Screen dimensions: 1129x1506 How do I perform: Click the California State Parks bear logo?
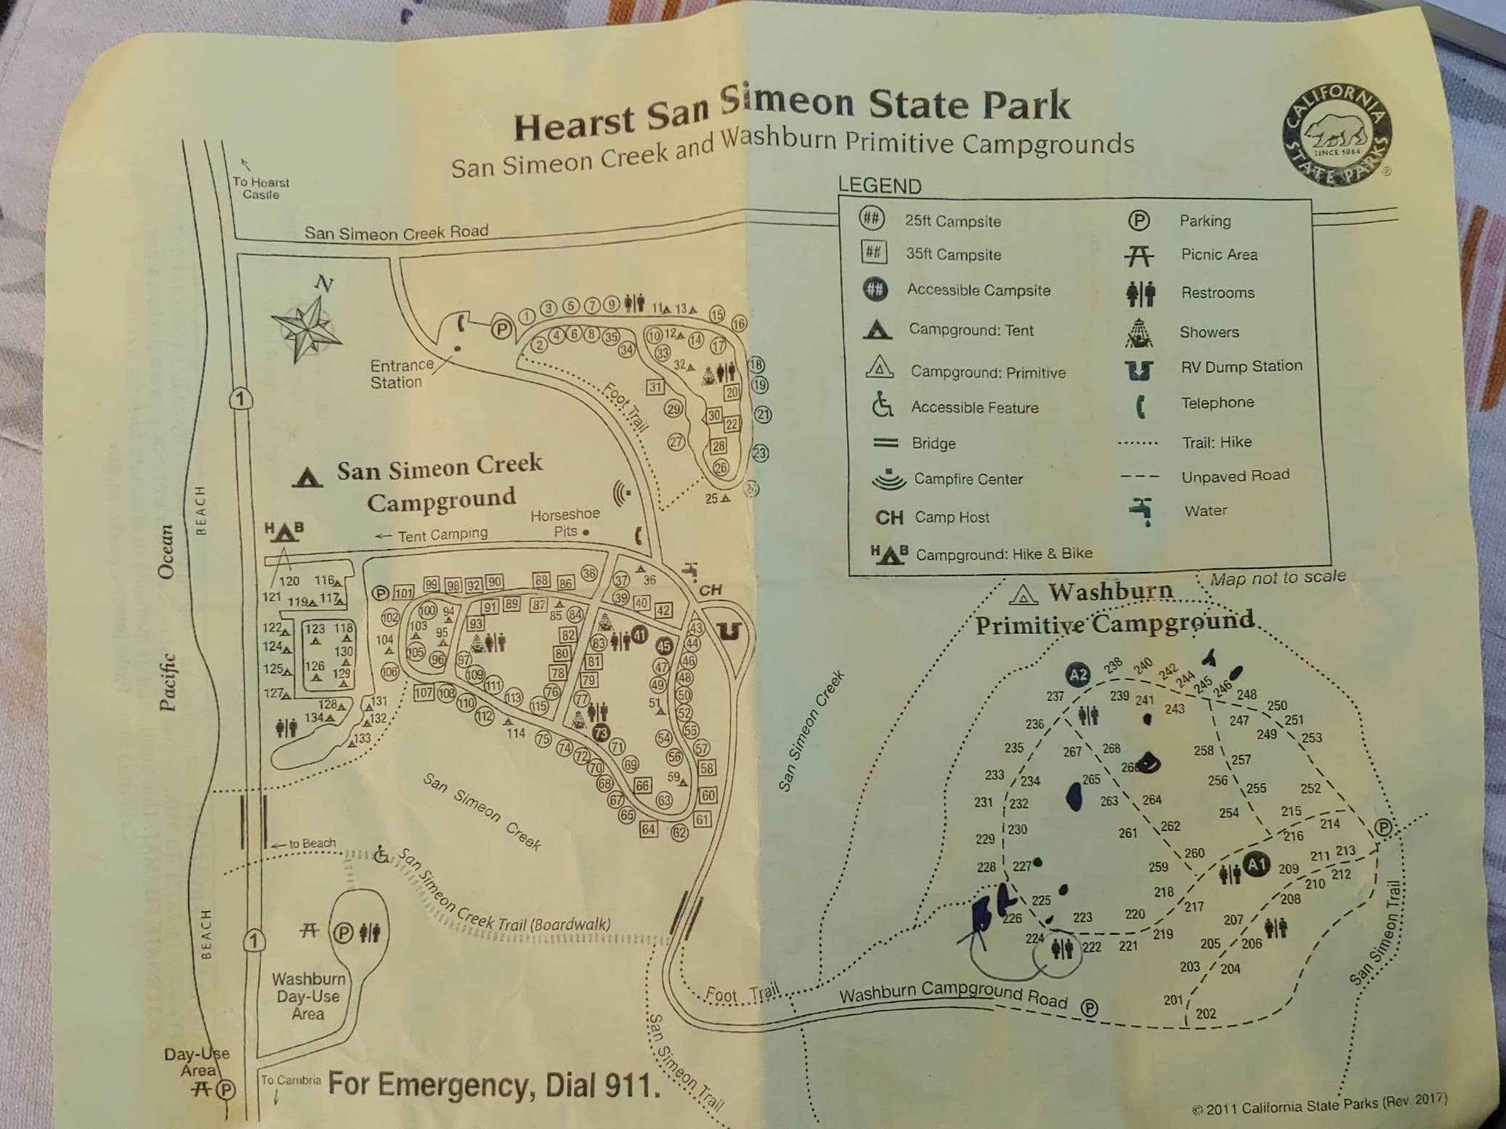[1337, 134]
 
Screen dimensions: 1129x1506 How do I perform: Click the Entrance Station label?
[401, 373]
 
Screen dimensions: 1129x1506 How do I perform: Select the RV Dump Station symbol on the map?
[729, 631]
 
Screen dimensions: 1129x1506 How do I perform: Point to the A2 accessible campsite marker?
[1078, 674]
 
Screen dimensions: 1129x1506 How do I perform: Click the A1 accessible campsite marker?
[1256, 865]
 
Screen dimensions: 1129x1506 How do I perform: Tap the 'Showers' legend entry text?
[1209, 332]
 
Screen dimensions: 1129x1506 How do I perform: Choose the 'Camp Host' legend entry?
[952, 517]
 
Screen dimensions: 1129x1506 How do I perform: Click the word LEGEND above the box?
[879, 186]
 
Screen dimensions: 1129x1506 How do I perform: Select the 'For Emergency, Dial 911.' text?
[494, 1085]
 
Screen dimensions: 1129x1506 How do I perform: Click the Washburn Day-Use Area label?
[308, 996]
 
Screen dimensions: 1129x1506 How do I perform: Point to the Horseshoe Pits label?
[564, 522]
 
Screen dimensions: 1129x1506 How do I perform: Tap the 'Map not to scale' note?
[1278, 578]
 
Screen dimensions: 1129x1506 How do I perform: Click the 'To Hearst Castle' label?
[260, 188]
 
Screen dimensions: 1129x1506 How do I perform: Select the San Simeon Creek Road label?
[396, 232]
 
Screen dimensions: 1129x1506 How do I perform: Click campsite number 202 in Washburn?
[1205, 1013]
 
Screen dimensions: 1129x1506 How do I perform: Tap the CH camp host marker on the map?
[710, 590]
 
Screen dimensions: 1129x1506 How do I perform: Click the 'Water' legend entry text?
[1205, 511]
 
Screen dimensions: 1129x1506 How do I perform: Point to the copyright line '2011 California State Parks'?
[1319, 1105]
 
